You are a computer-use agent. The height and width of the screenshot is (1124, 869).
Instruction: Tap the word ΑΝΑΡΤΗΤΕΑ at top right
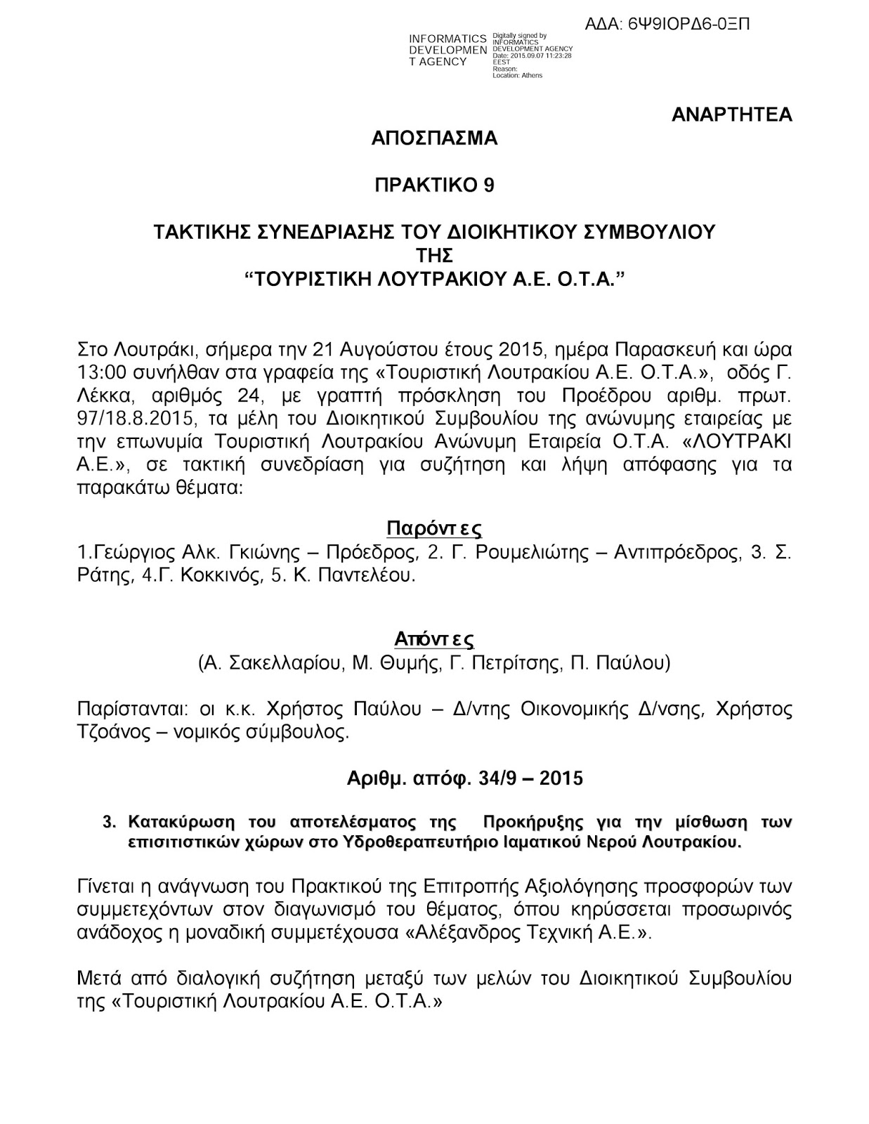click(x=731, y=115)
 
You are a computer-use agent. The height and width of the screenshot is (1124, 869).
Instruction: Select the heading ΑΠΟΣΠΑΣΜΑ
click(x=434, y=138)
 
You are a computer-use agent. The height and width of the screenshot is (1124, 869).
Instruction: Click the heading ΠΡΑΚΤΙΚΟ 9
click(x=434, y=185)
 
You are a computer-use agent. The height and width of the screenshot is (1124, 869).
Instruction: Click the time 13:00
click(x=96, y=368)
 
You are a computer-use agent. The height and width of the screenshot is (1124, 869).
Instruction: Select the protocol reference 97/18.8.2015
click(x=124, y=419)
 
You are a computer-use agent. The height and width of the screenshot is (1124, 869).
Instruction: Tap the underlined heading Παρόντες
click(x=434, y=528)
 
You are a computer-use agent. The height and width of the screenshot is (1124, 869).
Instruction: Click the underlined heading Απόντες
click(x=434, y=639)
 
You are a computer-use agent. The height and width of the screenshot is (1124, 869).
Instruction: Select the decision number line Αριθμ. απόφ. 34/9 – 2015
click(x=464, y=778)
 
